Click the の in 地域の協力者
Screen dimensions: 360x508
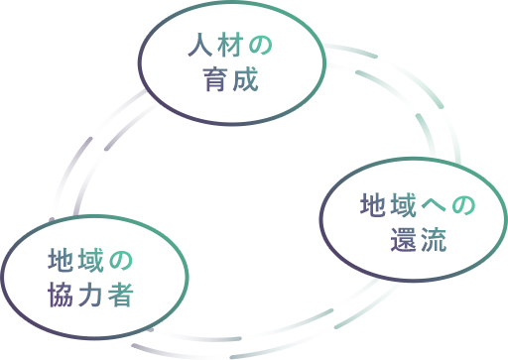tap(120, 260)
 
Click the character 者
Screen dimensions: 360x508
tap(120, 294)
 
